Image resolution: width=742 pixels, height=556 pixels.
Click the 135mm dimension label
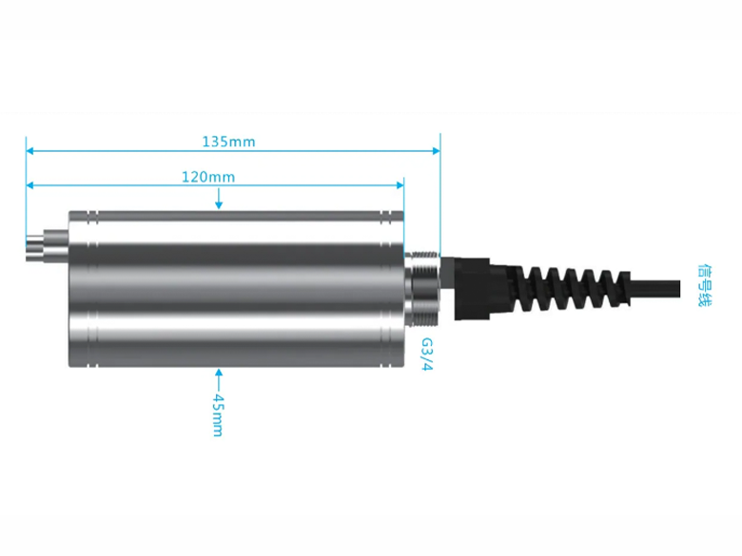click(x=228, y=142)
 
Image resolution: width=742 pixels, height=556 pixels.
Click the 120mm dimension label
click(x=208, y=178)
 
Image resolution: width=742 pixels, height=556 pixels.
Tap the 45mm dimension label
click(x=218, y=414)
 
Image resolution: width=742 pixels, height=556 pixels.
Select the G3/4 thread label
click(x=427, y=355)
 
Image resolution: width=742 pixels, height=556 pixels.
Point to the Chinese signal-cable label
click(x=704, y=285)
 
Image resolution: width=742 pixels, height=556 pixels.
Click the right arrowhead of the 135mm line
click(x=437, y=151)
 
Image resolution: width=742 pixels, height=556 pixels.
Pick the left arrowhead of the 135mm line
click(x=29, y=151)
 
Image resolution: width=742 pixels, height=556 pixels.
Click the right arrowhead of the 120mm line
click(x=400, y=185)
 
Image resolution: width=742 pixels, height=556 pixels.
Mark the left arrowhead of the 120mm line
click(x=29, y=185)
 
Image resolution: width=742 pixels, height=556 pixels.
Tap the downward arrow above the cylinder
click(x=219, y=199)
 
